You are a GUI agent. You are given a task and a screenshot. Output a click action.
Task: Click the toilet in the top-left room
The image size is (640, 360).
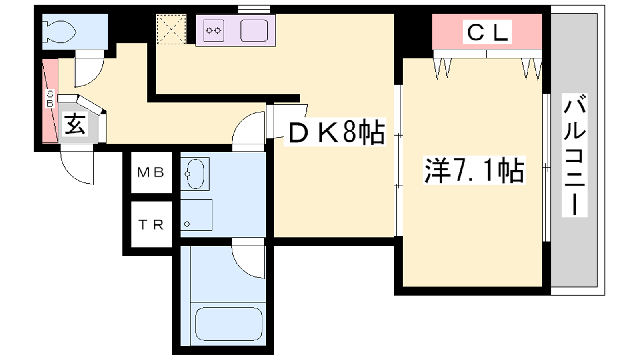pyautogui.click(x=60, y=32)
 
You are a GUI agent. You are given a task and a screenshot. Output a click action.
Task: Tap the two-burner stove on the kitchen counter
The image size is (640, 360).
pyautogui.click(x=214, y=30)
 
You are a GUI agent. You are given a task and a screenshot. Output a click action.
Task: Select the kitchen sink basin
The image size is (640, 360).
pyautogui.click(x=254, y=30)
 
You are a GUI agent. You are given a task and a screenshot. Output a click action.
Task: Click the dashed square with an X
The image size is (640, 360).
pyautogui.click(x=171, y=29)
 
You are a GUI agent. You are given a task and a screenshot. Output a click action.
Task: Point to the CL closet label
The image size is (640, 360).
pyautogui.click(x=488, y=32)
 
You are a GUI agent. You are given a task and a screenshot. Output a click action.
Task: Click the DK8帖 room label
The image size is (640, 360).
pyautogui.click(x=335, y=132)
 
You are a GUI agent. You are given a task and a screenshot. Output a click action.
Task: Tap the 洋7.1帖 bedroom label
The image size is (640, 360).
pyautogui.click(x=474, y=170)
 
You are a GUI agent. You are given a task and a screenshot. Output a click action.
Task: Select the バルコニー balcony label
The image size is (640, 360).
pyautogui.click(x=574, y=155)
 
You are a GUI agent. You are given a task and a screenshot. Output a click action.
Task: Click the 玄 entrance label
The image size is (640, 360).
pyautogui.click(x=74, y=124)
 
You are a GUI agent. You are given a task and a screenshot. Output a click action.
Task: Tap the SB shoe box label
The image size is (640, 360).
pyautogui.click(x=50, y=98)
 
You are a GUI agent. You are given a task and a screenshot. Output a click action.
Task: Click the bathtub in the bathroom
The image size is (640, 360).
pyautogui.click(x=228, y=324)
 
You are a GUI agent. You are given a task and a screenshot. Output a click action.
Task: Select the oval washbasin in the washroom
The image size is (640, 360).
pyautogui.click(x=195, y=174)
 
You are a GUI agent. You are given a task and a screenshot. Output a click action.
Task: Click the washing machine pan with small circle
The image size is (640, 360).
pyautogui.click(x=196, y=215)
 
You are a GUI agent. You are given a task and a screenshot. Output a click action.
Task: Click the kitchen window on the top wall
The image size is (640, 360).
pyautogui.click(x=254, y=10)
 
